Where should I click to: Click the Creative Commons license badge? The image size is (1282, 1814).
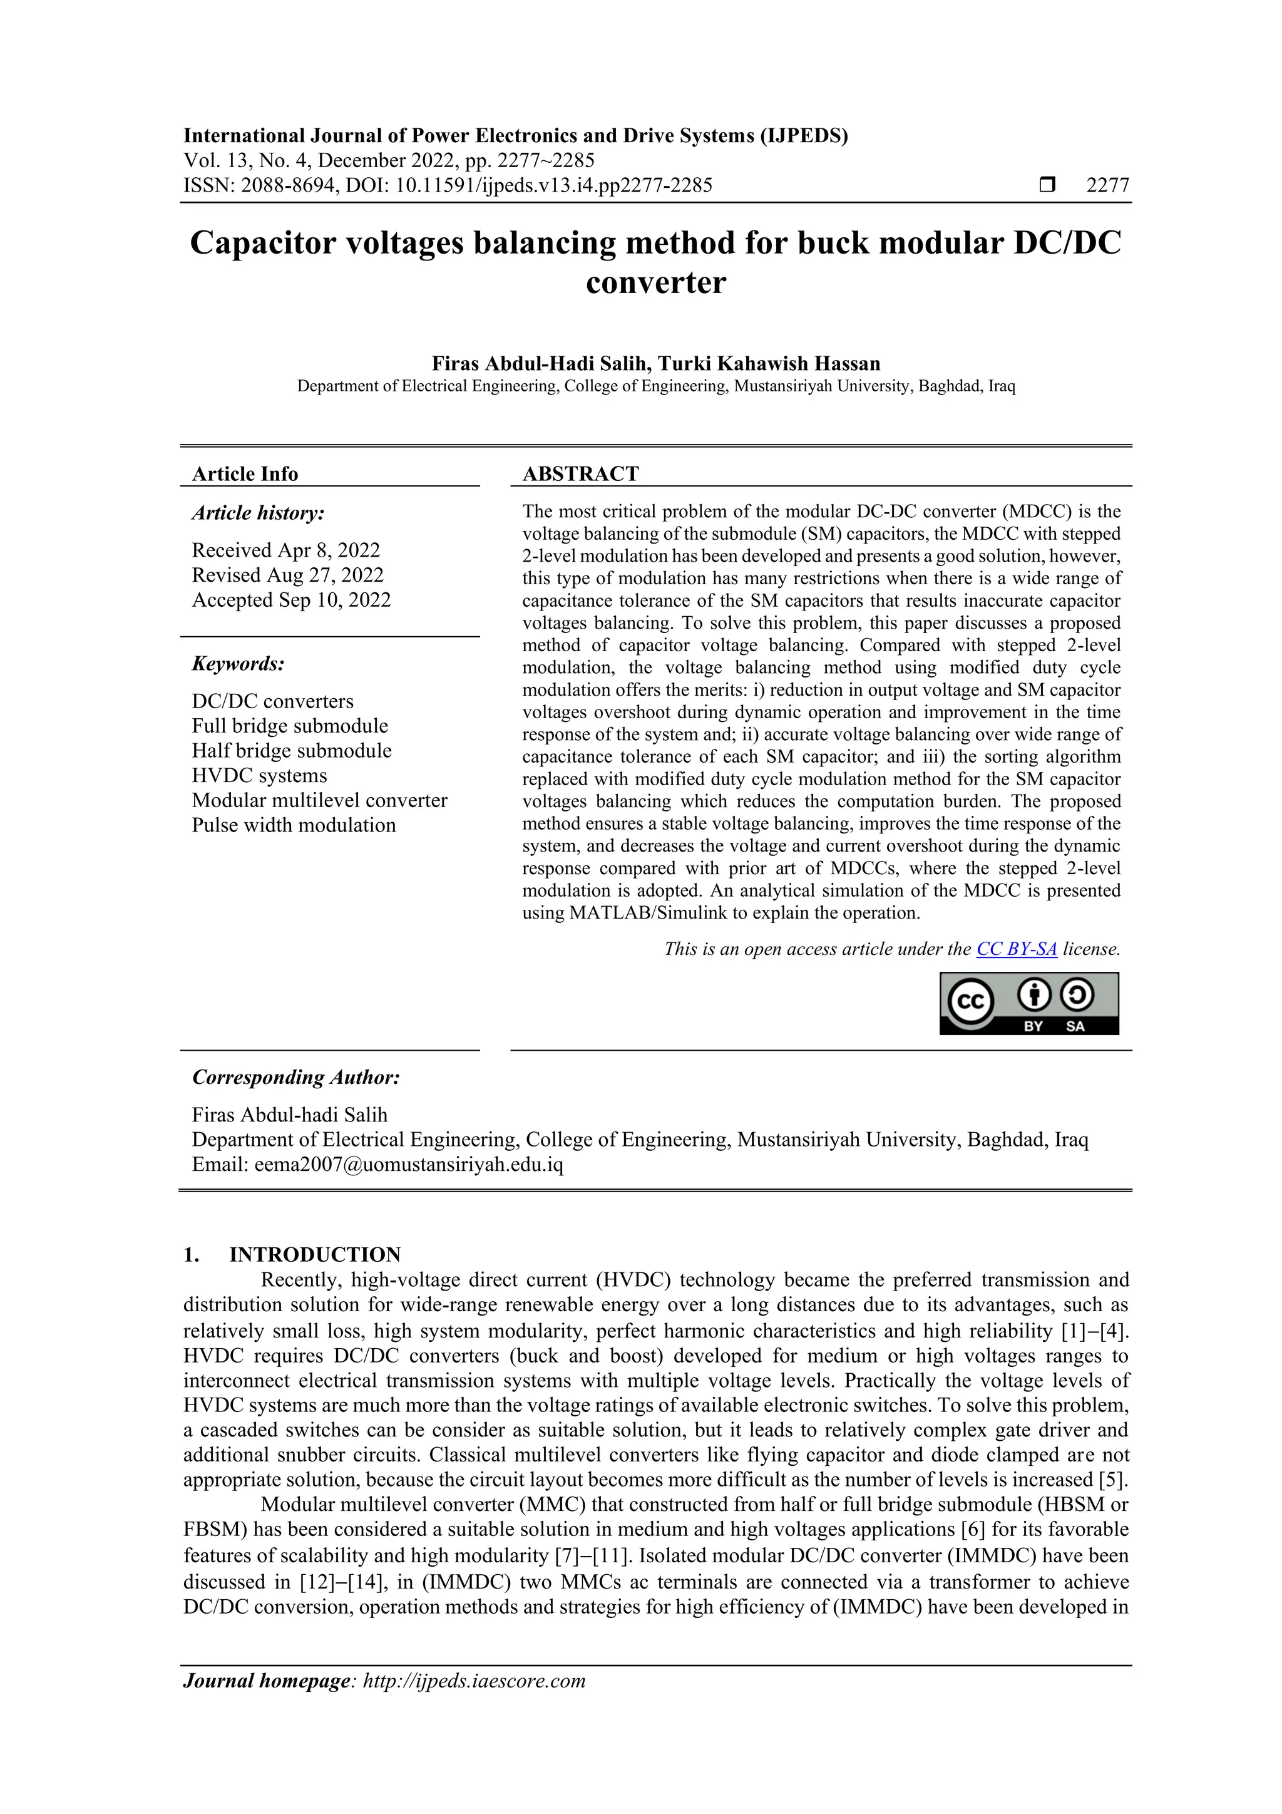coord(1028,1002)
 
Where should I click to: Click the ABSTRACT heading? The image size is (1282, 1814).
coord(580,474)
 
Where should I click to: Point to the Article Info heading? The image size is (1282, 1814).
coord(245,474)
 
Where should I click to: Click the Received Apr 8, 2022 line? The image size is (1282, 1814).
coord(286,550)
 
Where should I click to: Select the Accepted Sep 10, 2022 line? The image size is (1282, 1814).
coord(292,600)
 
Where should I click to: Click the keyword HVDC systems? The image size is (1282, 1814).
coord(259,775)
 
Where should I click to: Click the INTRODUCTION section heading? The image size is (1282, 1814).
coord(314,1255)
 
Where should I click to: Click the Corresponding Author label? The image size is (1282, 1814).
coord(296,1078)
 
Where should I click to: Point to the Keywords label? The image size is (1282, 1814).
coord(238,664)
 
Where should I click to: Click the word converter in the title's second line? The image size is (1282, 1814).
coord(655,283)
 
